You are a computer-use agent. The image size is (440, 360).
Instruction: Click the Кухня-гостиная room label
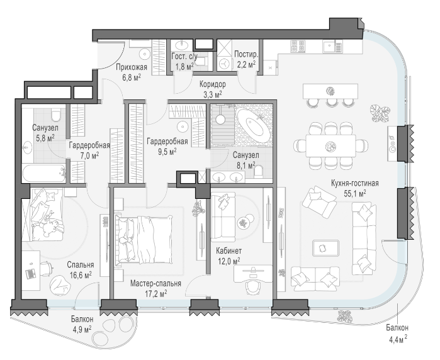354,184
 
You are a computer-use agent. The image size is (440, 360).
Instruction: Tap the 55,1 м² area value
354,193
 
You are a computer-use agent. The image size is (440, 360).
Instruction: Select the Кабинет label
228,250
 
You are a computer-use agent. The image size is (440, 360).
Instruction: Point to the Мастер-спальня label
155,284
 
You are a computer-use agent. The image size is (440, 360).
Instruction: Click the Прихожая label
132,67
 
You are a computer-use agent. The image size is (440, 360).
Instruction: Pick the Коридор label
213,84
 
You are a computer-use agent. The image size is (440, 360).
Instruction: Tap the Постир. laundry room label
246,54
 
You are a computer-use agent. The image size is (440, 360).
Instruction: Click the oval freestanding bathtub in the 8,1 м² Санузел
254,125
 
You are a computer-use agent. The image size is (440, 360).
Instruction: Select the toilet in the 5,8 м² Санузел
56,115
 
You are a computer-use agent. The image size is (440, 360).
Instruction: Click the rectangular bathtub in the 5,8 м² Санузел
44,173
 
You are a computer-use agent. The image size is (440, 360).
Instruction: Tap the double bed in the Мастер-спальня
143,239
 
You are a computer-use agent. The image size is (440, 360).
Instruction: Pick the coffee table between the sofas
326,248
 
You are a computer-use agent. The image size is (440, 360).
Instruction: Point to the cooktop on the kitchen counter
298,47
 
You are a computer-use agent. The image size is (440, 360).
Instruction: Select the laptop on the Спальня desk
30,273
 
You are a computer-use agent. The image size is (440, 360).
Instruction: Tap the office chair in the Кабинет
254,284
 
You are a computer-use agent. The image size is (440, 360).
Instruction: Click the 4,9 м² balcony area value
82,329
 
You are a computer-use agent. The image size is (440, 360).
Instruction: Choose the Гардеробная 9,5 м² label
167,146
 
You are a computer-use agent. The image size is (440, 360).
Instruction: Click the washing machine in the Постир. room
224,64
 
